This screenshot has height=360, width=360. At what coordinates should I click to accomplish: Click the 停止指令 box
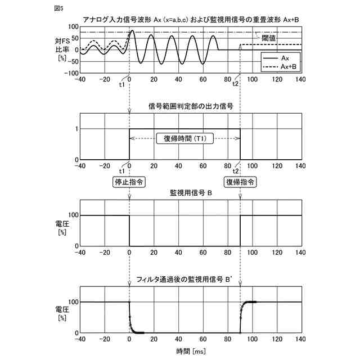(x=129, y=182)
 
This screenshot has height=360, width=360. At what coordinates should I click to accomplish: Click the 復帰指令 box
(x=241, y=182)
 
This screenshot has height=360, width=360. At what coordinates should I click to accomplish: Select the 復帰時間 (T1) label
(x=186, y=139)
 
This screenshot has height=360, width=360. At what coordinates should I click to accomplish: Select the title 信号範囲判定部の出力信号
(x=190, y=106)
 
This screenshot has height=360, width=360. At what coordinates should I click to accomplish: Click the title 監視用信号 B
(x=190, y=193)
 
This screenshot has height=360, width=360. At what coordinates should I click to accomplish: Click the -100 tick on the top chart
(x=70, y=73)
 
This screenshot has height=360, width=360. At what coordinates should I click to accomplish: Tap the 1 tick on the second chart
(x=76, y=129)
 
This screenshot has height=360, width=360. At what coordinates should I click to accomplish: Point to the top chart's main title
(x=191, y=19)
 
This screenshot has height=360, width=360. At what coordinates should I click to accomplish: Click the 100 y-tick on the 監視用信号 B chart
(x=72, y=215)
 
